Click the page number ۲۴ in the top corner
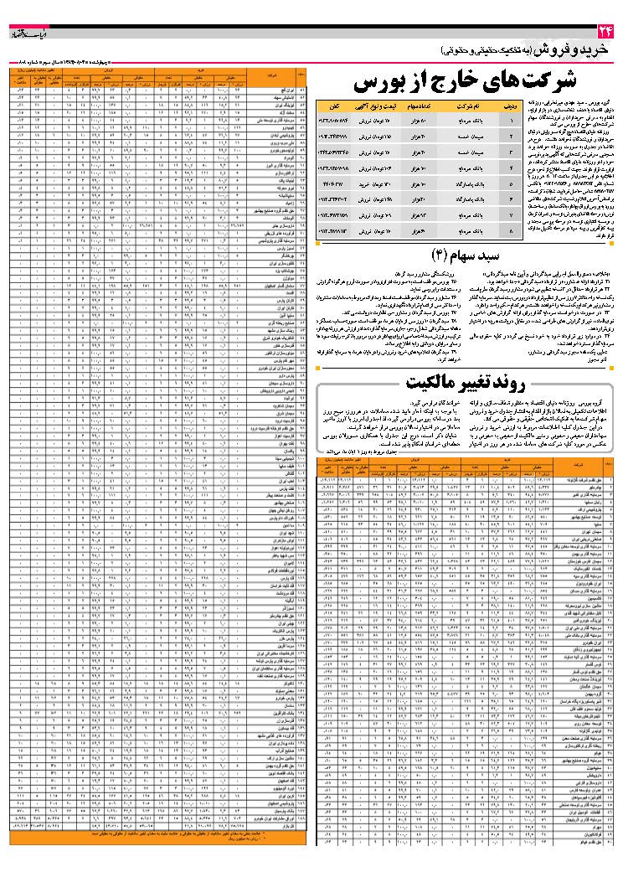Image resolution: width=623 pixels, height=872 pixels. pos(605,32)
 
